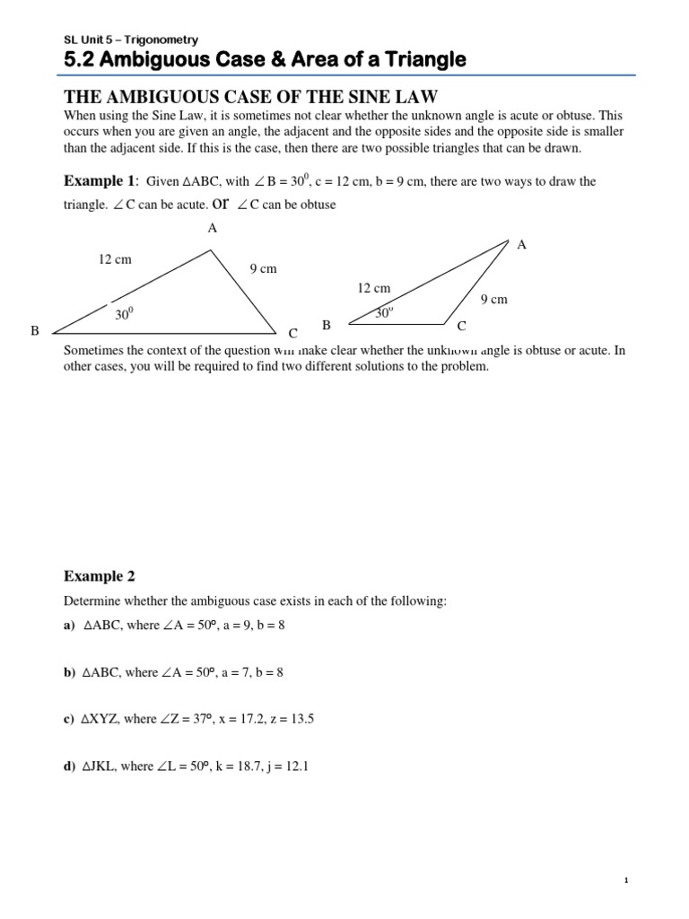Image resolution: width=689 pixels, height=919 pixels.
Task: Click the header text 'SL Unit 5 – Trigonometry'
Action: coord(131,39)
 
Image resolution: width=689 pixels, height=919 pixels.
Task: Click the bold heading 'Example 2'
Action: coord(99,575)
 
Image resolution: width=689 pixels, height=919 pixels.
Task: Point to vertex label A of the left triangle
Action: coord(212,228)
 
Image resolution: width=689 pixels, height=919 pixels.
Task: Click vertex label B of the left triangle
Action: coord(35,331)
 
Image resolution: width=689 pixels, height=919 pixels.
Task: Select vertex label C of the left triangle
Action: coord(292,333)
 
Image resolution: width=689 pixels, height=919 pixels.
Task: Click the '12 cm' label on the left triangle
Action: coord(115,259)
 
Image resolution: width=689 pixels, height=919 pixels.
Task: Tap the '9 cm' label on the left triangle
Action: coord(262,268)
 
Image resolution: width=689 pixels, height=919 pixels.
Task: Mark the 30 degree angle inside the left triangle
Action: coord(123,314)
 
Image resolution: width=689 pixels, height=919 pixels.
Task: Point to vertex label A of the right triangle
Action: coord(522,244)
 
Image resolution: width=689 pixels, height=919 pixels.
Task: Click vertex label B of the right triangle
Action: coord(327,325)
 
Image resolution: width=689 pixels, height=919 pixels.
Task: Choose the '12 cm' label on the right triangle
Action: coord(374,288)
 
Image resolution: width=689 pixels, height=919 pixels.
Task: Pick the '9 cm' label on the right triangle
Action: coord(493,300)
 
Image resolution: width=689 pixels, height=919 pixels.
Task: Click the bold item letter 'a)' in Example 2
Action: coord(69,626)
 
